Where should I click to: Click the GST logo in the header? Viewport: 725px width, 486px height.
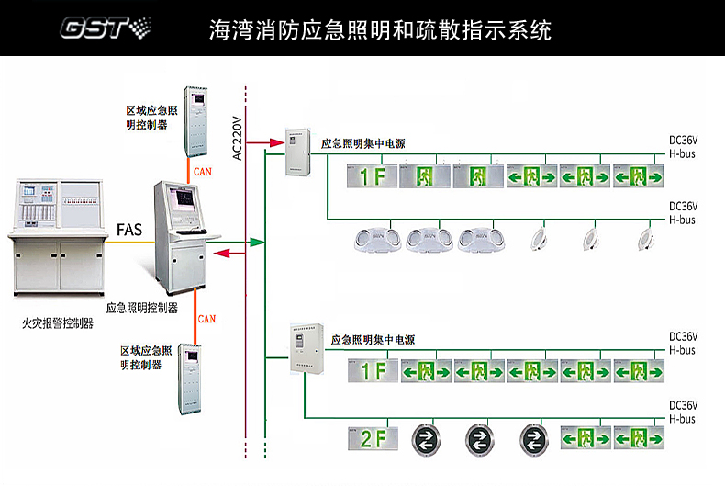(102, 28)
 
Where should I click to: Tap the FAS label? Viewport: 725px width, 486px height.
(129, 230)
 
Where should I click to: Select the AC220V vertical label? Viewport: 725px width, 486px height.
(237, 138)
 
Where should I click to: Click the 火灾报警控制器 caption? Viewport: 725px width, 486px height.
(57, 322)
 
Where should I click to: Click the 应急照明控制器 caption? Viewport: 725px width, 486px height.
(142, 308)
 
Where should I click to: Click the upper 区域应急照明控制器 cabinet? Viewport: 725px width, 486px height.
(196, 121)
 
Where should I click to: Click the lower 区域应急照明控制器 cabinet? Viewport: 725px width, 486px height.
(192, 378)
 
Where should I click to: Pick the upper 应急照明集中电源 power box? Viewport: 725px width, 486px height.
(298, 153)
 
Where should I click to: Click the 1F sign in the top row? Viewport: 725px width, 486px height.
(372, 175)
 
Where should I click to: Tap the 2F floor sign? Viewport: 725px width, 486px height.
(372, 437)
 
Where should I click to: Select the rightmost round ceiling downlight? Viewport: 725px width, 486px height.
(645, 239)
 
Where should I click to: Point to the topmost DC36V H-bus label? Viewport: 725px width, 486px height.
(683, 147)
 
